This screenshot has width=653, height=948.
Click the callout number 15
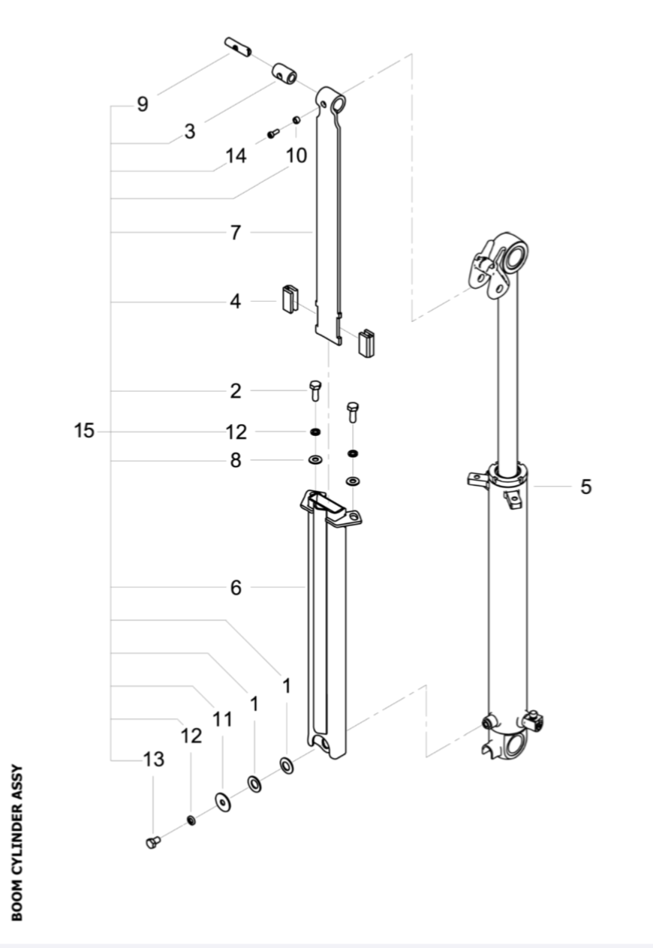(84, 432)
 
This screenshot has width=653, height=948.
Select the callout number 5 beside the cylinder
(585, 486)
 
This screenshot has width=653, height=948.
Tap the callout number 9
(142, 104)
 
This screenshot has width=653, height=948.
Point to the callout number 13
(154, 760)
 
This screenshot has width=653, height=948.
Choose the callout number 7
(236, 233)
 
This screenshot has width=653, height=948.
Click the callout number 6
(236, 588)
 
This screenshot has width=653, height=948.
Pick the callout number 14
(236, 156)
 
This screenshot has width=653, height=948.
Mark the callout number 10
(296, 156)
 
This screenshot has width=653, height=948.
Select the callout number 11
(222, 719)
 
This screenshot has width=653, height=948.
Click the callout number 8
(236, 460)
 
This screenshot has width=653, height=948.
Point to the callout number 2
(236, 390)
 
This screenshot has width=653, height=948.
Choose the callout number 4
(236, 302)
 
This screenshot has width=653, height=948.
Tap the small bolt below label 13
(153, 842)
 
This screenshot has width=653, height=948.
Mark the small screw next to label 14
(273, 134)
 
